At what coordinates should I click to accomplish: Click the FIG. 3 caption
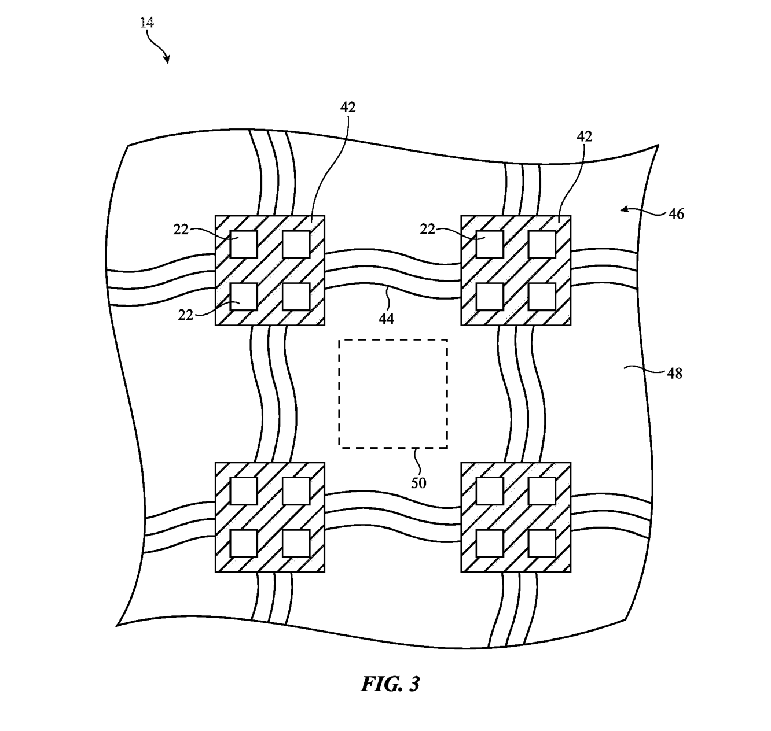click(390, 684)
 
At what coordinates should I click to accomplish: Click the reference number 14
click(147, 23)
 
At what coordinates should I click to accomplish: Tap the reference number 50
click(418, 483)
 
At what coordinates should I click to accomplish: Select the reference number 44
click(386, 319)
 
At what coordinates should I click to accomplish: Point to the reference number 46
click(676, 214)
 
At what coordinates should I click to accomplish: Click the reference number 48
click(674, 374)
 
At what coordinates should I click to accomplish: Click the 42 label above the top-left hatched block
click(348, 107)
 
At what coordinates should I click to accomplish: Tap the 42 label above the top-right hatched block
click(585, 136)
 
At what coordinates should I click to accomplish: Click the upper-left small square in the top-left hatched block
click(244, 244)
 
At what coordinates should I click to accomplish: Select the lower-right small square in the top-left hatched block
click(296, 296)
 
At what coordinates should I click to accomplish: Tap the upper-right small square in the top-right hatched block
click(542, 244)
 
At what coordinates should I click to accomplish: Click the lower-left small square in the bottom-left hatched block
click(244, 543)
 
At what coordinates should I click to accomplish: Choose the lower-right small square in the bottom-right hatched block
click(542, 543)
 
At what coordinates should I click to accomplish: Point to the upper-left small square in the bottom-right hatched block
click(490, 491)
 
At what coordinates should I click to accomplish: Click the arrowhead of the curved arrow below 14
click(167, 60)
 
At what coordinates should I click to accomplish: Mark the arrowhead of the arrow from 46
click(623, 209)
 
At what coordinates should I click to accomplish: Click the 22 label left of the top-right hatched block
click(427, 229)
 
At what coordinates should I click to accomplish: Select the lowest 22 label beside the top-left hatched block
click(185, 315)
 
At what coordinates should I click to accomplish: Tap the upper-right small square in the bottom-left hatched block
click(296, 491)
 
